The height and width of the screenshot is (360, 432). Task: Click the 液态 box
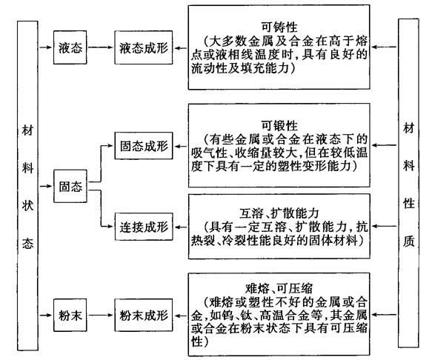pyautogui.click(x=70, y=47)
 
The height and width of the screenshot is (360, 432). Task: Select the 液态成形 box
pyautogui.click(x=144, y=47)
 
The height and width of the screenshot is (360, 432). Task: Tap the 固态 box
pyautogui.click(x=70, y=186)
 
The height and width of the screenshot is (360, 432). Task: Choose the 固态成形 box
pyautogui.click(x=144, y=146)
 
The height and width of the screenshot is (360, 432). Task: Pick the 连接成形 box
pyautogui.click(x=144, y=227)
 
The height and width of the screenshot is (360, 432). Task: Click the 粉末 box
pyautogui.click(x=70, y=315)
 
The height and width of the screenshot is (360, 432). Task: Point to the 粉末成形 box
pyautogui.click(x=144, y=315)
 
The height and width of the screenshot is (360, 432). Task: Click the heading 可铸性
pyautogui.click(x=279, y=27)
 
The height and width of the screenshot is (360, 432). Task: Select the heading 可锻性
pyautogui.click(x=279, y=126)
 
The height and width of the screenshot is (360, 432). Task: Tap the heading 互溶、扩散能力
pyautogui.click(x=279, y=213)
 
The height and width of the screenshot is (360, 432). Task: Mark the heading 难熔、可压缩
pyautogui.click(x=279, y=289)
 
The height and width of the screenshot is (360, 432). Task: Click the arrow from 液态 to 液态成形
pyautogui.click(x=101, y=47)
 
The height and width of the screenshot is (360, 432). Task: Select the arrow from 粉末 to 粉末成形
pyautogui.click(x=101, y=315)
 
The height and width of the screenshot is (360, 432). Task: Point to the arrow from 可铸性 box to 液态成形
pyautogui.click(x=181, y=48)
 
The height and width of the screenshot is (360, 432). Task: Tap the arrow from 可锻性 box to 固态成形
pyautogui.click(x=181, y=146)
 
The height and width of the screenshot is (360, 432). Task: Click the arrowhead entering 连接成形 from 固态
pyautogui.click(x=111, y=227)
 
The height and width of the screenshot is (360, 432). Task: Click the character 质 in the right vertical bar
pyautogui.click(x=409, y=241)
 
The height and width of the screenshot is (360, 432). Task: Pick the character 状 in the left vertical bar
pyautogui.click(x=27, y=205)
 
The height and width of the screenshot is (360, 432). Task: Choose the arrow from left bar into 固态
pyautogui.click(x=46, y=186)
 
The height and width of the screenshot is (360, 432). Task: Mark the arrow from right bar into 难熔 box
pyautogui.click(x=384, y=315)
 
